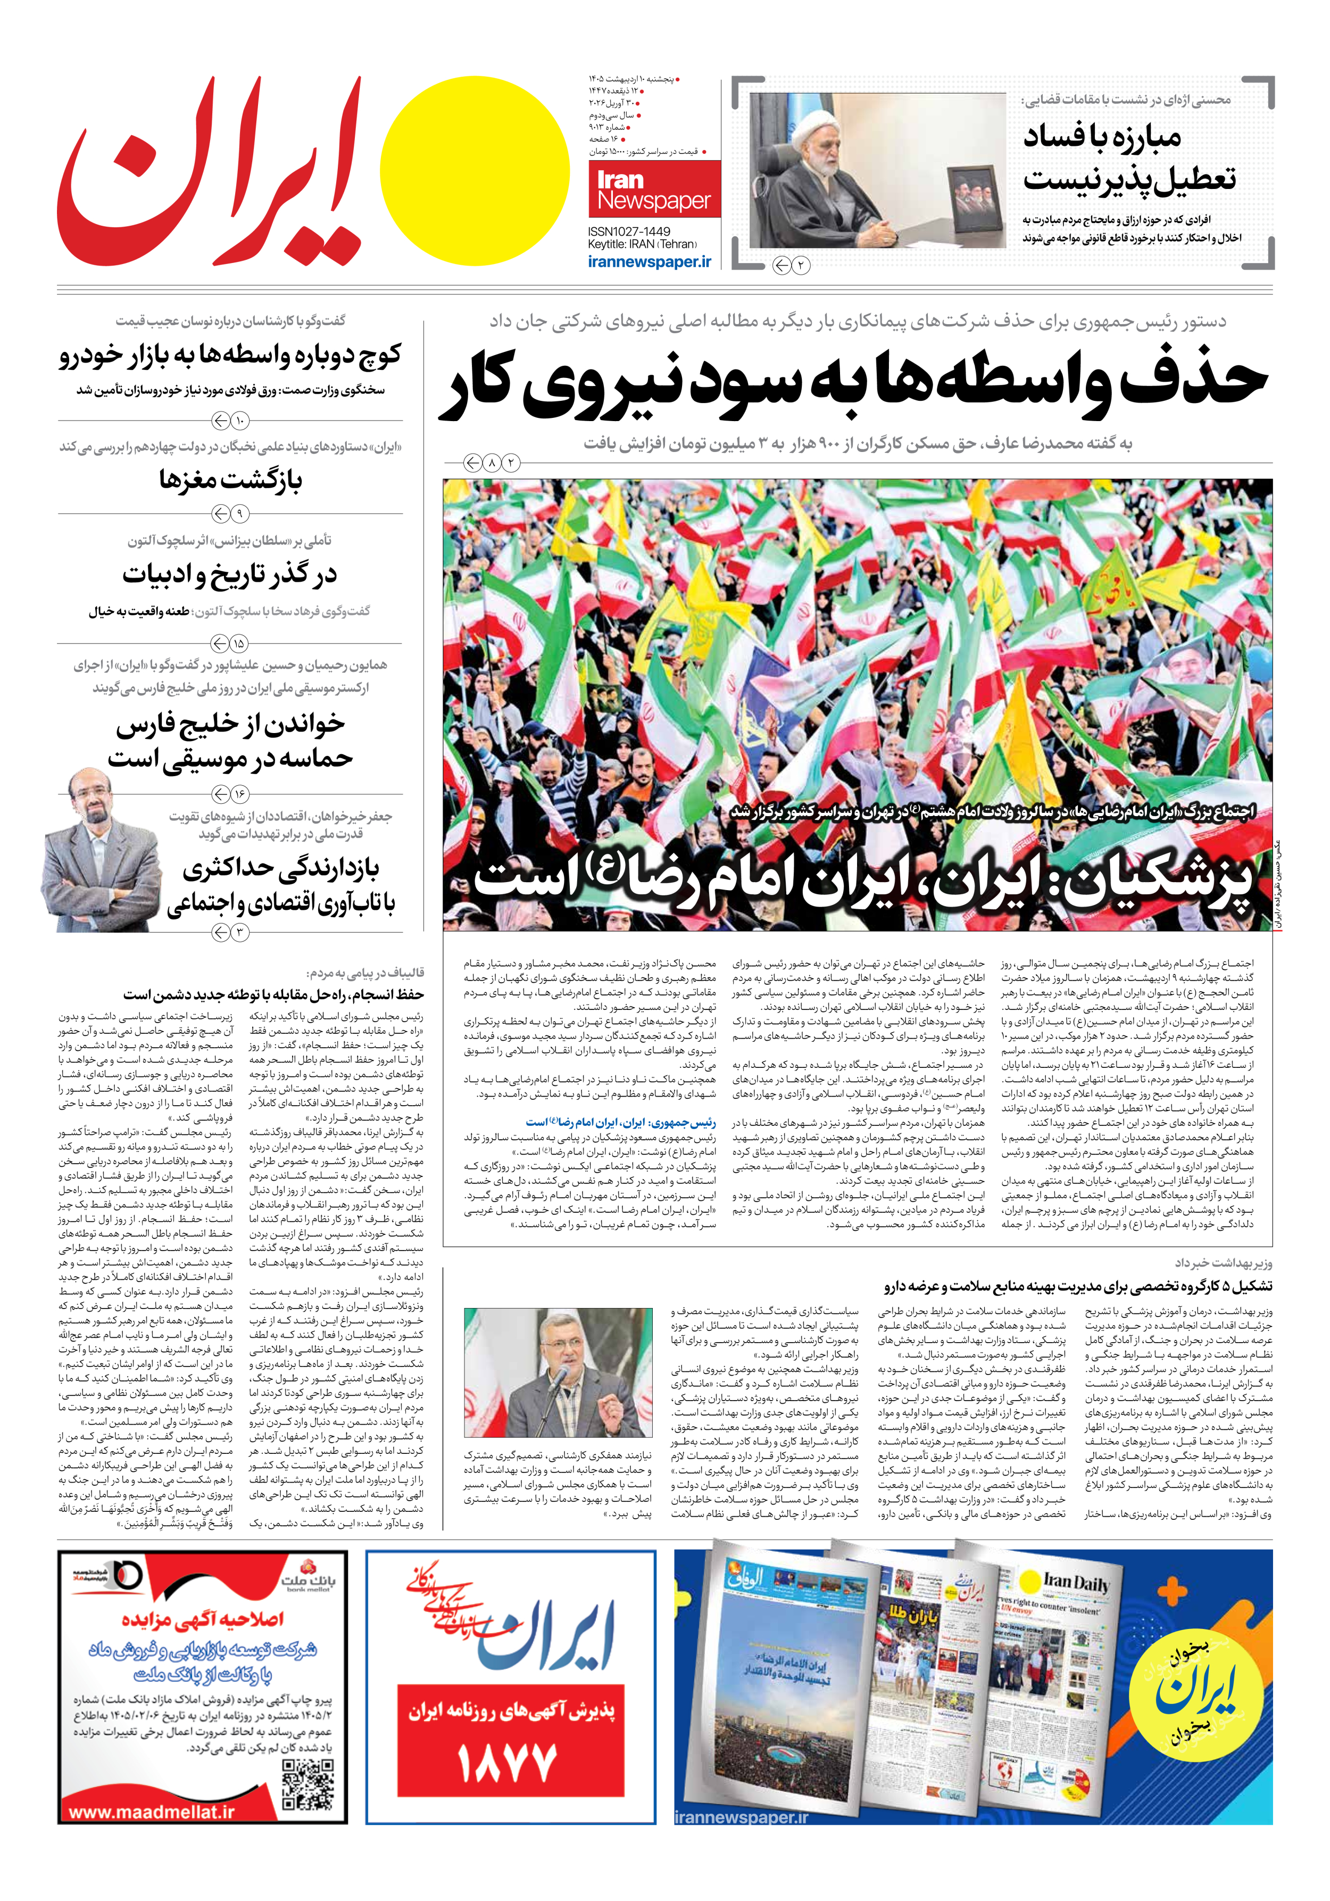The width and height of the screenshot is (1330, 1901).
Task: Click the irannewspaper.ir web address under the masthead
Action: click(x=649, y=261)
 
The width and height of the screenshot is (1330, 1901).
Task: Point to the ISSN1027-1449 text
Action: click(x=629, y=232)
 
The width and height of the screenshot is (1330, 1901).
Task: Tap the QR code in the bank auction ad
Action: click(x=307, y=1786)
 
